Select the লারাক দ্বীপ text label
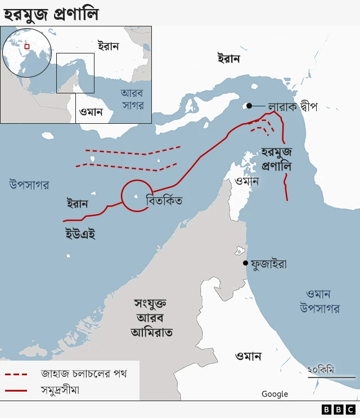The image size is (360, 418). point(292,106)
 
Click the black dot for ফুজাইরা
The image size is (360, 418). point(245,263)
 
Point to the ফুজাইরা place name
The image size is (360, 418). point(269,263)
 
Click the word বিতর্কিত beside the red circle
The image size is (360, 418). point(164,201)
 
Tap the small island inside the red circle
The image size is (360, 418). point(136,197)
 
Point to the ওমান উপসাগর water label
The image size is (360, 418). point(319,302)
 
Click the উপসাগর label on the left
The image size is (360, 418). point(29,184)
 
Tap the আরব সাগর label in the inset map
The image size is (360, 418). point(133,99)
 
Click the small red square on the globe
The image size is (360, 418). point(26,47)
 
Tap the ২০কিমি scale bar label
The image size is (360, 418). point(321,370)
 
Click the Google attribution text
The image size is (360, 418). point(274,394)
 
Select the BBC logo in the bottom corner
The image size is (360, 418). point(339,410)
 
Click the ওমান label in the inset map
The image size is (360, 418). point(91,111)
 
